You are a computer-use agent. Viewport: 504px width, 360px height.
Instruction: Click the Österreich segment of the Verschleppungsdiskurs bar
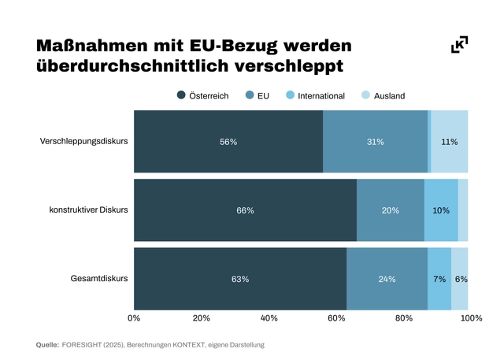click(x=228, y=142)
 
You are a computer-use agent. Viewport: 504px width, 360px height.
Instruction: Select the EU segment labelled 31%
click(x=375, y=142)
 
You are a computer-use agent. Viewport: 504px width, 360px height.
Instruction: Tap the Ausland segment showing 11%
click(x=450, y=142)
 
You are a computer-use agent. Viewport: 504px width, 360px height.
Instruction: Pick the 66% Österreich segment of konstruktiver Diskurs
click(x=245, y=210)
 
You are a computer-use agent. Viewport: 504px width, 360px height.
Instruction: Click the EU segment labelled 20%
click(x=391, y=210)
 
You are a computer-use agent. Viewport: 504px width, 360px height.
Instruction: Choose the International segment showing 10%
click(x=441, y=210)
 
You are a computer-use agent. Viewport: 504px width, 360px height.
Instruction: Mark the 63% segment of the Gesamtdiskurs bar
click(x=240, y=279)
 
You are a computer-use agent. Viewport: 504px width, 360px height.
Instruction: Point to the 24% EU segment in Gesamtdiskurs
click(x=387, y=279)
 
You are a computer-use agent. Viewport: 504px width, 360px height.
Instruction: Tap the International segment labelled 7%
click(x=439, y=279)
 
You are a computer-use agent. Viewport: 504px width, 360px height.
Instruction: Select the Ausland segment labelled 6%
click(x=460, y=279)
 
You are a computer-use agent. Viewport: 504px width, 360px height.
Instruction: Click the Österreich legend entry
click(x=203, y=95)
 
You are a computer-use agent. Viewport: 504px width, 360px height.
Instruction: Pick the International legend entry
click(x=314, y=95)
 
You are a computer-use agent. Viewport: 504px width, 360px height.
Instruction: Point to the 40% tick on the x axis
click(x=269, y=318)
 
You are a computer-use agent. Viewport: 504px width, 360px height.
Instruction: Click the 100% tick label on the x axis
click(x=470, y=318)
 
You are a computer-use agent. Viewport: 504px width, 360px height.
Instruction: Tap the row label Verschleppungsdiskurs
click(x=84, y=142)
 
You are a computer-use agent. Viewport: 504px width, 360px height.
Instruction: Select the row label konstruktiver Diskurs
click(x=88, y=210)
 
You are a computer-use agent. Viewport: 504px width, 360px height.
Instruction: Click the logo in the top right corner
click(x=460, y=45)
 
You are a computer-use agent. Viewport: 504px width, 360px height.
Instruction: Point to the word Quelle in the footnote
click(x=47, y=345)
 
